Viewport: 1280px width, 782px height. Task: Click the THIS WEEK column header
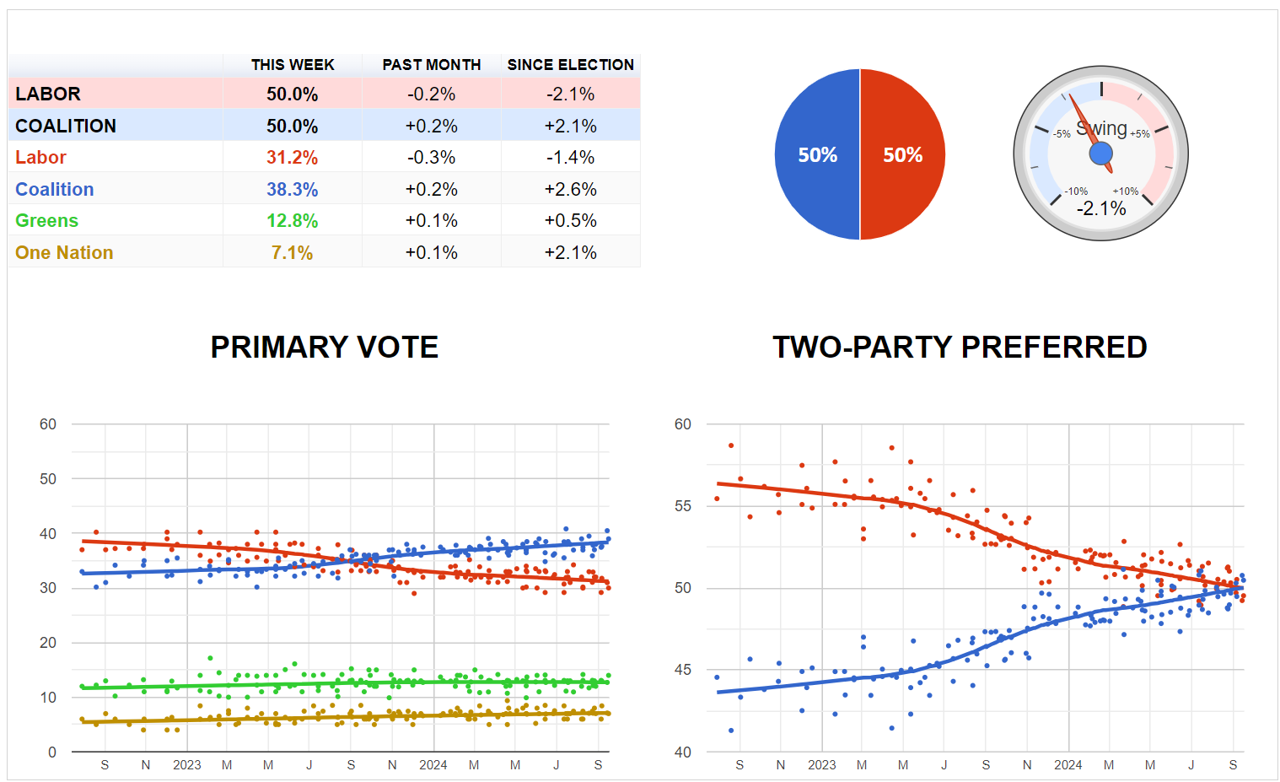[x=293, y=65]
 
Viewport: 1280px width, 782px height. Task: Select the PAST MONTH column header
[x=431, y=65]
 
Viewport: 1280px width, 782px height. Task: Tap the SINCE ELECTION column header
[x=570, y=65]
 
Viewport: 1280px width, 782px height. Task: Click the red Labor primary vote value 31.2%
[x=292, y=158]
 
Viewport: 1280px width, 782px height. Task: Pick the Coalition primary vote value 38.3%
[x=292, y=190]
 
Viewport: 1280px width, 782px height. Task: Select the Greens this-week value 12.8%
[x=292, y=221]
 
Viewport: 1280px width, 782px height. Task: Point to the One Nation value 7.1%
[x=292, y=253]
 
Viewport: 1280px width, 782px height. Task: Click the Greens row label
[x=47, y=221]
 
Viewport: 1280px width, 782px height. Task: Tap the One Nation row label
[x=64, y=253]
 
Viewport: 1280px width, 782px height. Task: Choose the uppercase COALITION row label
[x=66, y=127]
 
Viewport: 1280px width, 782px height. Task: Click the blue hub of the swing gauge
[x=1101, y=154]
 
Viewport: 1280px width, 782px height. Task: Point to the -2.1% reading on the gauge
[x=1101, y=208]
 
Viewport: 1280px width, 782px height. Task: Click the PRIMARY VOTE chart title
[x=324, y=347]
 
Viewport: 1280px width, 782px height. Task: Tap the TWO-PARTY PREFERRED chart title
[x=960, y=347]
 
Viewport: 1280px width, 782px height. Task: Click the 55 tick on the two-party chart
[x=682, y=506]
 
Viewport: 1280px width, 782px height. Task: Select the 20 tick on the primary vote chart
[x=48, y=643]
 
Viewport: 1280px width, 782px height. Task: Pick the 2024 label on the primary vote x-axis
[x=433, y=765]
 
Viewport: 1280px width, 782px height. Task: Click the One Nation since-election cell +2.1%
[x=570, y=253]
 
